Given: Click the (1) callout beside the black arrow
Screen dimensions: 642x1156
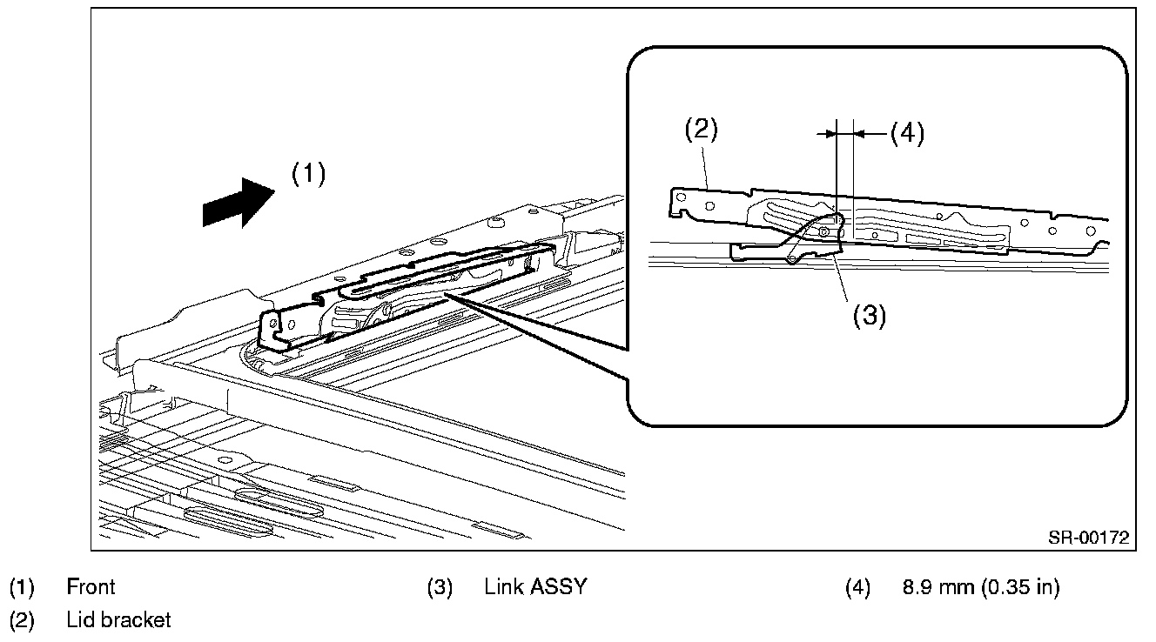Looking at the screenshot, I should [x=308, y=174].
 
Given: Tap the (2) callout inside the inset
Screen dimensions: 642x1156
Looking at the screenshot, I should [x=700, y=130].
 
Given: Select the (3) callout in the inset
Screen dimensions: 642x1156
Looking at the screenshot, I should [x=869, y=316].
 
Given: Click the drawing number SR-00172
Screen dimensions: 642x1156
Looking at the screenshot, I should [x=1088, y=538].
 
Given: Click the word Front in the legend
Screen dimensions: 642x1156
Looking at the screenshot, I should [x=91, y=587].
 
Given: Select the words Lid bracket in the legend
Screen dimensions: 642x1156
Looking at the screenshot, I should [x=118, y=620].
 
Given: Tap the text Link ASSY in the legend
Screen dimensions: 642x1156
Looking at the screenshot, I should [x=535, y=587].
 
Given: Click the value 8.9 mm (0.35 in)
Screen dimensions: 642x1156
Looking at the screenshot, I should [x=981, y=587].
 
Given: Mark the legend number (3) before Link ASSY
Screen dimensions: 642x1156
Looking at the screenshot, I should [x=440, y=587].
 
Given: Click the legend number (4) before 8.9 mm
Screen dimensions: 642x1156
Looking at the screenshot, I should [x=857, y=587].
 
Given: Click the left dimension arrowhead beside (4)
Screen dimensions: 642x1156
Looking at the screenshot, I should [x=827, y=133].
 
